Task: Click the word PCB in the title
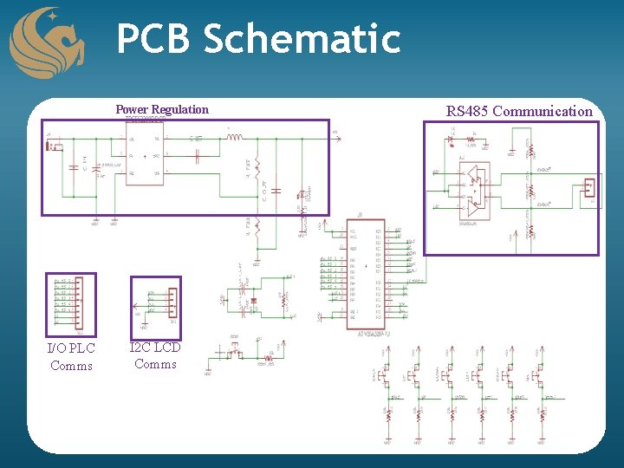(x=154, y=39)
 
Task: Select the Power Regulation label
(x=162, y=109)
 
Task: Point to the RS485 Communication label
(x=519, y=111)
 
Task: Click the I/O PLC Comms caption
(x=71, y=356)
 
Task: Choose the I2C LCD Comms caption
(x=155, y=355)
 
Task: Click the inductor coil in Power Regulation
(x=235, y=136)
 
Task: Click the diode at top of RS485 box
(x=471, y=139)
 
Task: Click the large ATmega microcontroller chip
(x=364, y=275)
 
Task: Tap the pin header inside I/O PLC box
(x=79, y=300)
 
